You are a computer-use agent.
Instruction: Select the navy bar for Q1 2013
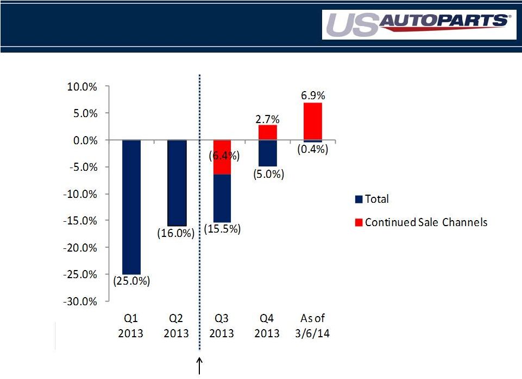coord(131,207)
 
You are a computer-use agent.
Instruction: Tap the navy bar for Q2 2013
coord(177,183)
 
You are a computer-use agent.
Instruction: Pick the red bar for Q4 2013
coord(267,133)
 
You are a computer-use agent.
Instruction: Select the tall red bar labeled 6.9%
coord(313,121)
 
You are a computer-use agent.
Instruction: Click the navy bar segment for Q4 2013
coord(267,153)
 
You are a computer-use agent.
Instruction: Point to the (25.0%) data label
coord(131,281)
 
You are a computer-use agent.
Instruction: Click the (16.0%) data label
coord(175,234)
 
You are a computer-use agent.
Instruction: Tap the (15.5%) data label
coord(222,229)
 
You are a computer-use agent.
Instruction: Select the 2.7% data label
coord(267,119)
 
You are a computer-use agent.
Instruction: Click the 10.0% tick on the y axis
coord(84,86)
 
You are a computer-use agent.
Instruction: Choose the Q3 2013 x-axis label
coord(222,325)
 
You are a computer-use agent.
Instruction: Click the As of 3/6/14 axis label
coord(313,325)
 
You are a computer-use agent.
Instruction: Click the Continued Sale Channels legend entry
coord(420,222)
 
